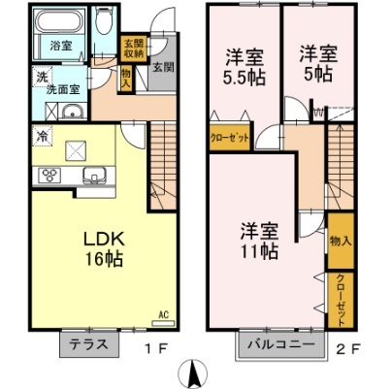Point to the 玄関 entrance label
click(x=163, y=68)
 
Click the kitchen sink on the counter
click(x=94, y=176)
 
